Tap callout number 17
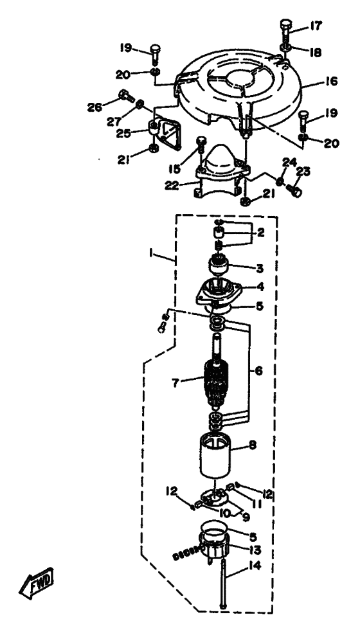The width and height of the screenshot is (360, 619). pos(316,26)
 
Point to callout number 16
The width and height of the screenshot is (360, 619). pos(332,81)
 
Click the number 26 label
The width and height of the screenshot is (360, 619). pos(94,107)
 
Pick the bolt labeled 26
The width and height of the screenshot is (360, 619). pos(125,96)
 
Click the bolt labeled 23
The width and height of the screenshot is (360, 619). pos(295,190)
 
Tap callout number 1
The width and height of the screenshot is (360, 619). pos(151,254)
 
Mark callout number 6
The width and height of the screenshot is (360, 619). pos(258,371)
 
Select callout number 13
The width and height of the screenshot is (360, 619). pos(255,549)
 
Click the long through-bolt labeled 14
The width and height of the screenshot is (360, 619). pos(224,584)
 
